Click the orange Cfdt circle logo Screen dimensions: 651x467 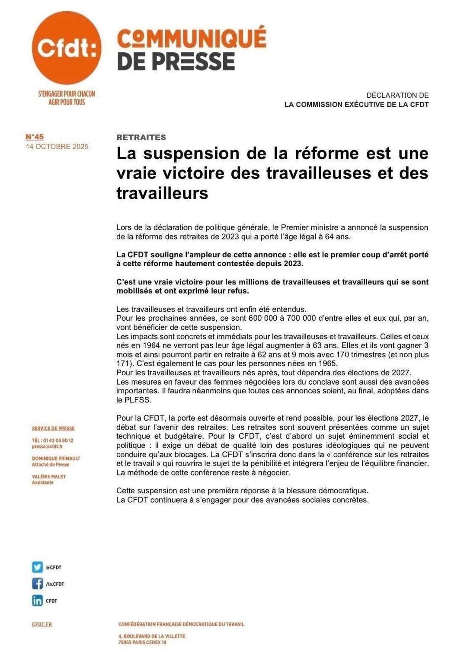click(x=67, y=48)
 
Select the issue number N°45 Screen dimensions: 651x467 click(x=35, y=137)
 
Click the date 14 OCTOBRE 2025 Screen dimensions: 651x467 click(x=57, y=147)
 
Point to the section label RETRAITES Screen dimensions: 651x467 click(x=141, y=137)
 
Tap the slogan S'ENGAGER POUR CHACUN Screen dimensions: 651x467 click(x=67, y=93)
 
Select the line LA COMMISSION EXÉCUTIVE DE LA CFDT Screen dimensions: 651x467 click(x=356, y=105)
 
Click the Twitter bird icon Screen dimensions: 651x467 click(x=37, y=567)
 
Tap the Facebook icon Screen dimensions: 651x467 click(x=37, y=584)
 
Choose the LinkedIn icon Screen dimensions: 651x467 click(x=37, y=600)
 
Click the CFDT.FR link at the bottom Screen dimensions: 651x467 click(x=42, y=624)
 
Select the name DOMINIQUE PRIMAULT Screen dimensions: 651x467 click(x=56, y=458)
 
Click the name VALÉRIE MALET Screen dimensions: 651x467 click(x=49, y=476)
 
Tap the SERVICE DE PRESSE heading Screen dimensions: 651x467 click(x=53, y=428)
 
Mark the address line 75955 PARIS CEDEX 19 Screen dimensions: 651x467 click(x=142, y=642)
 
